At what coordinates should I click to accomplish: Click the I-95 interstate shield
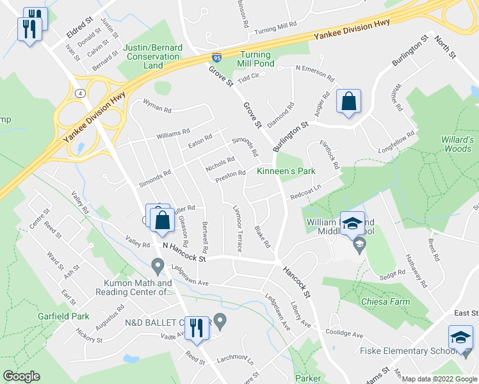[x=216, y=58]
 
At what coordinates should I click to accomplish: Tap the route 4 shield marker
[x=79, y=93]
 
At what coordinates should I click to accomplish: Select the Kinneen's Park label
[x=286, y=172]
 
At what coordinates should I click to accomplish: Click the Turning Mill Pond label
[x=256, y=59]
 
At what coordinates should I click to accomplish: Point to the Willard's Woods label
[x=457, y=144]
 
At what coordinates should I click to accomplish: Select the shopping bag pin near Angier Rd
[x=348, y=102]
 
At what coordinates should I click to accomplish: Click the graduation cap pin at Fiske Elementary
[x=460, y=338]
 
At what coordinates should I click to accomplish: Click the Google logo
[x=21, y=376]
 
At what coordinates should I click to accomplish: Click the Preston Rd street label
[x=231, y=174]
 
